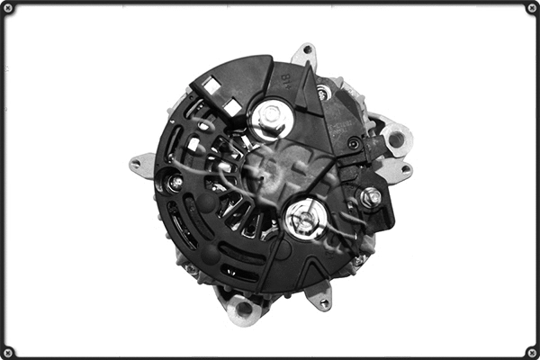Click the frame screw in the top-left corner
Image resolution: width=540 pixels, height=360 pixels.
click(8, 8)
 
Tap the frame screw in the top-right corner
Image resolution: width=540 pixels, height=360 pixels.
click(532, 8)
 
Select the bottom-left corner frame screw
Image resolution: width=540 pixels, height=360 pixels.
click(8, 352)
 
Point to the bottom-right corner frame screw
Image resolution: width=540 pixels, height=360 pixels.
click(532, 352)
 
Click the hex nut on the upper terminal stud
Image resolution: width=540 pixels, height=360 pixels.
click(268, 116)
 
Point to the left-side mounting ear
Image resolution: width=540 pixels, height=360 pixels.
click(140, 165)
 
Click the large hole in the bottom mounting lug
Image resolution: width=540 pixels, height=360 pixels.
click(244, 309)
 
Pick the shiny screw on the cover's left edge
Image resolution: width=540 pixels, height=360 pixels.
click(175, 183)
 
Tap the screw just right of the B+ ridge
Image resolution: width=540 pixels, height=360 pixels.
click(324, 91)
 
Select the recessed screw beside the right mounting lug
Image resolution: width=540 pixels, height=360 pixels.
click(355, 144)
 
